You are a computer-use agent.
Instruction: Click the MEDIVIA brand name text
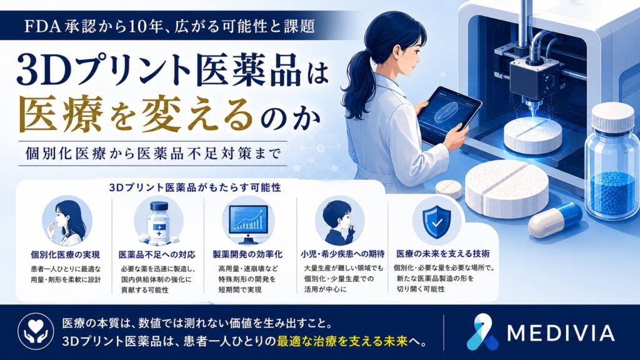pos(561,333)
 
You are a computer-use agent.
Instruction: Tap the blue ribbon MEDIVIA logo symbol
pos(481,332)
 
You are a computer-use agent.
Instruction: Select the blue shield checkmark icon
pos(437,222)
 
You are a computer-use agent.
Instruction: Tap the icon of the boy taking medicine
pos(339,221)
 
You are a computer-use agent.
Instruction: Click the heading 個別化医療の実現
pos(65,255)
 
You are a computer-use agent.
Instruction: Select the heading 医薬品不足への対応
pos(157,255)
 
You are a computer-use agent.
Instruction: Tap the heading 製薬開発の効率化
pos(247,254)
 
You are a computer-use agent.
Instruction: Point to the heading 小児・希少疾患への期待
pos(342,254)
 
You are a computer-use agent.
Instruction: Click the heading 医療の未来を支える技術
pos(443,254)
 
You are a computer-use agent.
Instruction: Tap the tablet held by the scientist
pos(449,115)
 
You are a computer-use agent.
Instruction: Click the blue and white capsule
pos(555,221)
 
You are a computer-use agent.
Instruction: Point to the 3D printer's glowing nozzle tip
pos(533,116)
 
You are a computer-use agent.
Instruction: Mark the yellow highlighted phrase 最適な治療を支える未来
pos(342,341)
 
